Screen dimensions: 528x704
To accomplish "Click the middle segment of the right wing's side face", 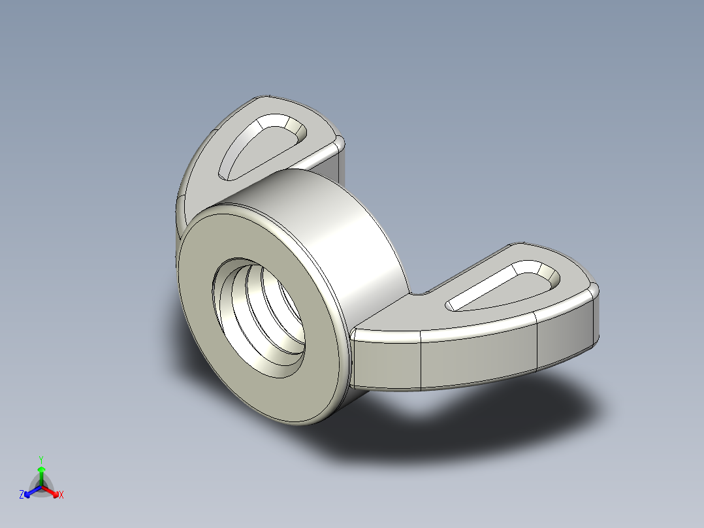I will pyautogui.click(x=477, y=356).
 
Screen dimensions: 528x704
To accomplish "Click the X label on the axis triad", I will pyautogui.click(x=61, y=495).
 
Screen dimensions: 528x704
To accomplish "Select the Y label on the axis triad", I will pyautogui.click(x=40, y=459).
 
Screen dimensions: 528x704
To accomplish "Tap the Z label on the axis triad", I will pyautogui.click(x=22, y=495).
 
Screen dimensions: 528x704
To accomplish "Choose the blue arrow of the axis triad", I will pyautogui.click(x=30, y=491).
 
